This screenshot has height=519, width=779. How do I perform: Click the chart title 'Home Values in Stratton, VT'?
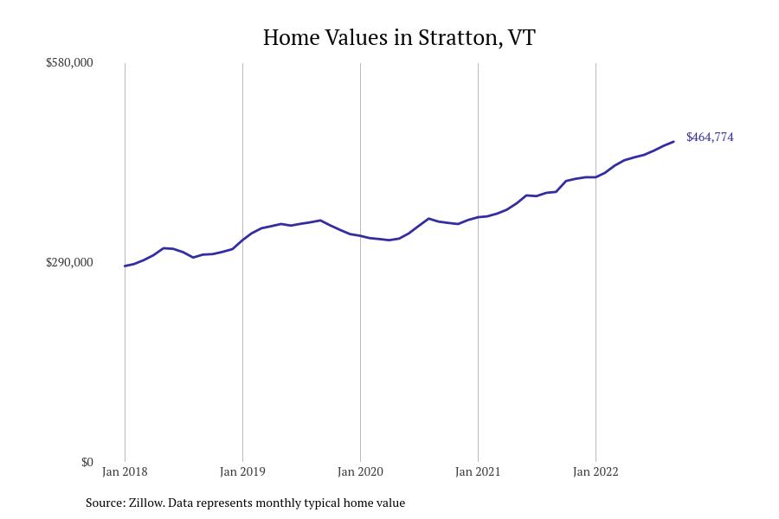pos(399,38)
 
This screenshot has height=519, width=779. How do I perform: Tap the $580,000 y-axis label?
pos(69,63)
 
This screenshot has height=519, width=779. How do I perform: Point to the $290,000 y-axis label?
pos(69,263)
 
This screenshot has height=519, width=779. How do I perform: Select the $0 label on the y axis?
pos(87,463)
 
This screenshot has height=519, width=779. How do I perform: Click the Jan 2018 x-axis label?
pos(125,472)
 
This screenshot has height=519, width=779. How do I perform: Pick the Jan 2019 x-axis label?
pos(242,472)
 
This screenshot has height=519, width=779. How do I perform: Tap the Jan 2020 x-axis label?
pos(360,472)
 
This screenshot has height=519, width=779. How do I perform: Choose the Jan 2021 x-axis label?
pos(478,472)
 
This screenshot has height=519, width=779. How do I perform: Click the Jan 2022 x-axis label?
pos(596,472)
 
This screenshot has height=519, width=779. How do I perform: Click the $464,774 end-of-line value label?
pos(710,138)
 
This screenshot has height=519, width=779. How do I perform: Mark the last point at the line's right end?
pos(673,142)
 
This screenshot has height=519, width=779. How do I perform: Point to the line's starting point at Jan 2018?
pos(125,266)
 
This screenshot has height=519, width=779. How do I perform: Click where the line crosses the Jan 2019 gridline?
pos(242,240)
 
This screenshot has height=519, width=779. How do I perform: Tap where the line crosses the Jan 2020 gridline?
pos(360,235)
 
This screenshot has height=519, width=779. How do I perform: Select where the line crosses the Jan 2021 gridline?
pos(478,217)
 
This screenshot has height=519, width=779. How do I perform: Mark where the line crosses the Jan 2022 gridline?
pos(596,177)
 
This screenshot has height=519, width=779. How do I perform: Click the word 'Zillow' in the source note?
pos(145,503)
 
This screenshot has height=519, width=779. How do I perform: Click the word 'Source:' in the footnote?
pos(105,503)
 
